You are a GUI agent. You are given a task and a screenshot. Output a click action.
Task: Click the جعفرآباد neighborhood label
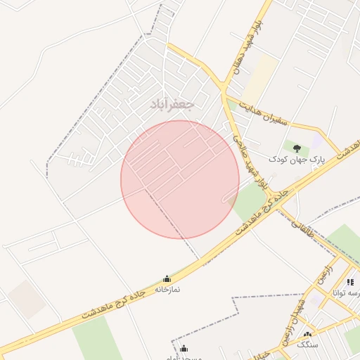pos(172,104)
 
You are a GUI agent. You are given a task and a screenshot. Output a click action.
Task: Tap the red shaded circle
pos(180,179)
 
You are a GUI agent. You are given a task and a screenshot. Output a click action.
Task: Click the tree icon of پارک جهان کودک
pos(297,148)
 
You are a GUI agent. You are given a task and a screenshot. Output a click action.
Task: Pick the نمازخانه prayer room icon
pos(167,279)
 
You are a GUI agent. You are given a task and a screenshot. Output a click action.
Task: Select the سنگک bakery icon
pos(307,335)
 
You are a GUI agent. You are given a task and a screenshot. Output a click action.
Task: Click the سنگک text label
pos(307,345)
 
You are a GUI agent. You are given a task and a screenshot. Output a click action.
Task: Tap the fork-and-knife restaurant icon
pos(350,282)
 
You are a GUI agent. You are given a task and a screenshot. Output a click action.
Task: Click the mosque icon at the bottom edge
pos(184,349)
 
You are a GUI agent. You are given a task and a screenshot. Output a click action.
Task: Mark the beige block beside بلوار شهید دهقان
pos(263,77)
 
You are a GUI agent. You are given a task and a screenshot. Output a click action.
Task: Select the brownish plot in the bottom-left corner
pos(27,298)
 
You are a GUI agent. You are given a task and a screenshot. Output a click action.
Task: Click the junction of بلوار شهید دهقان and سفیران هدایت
pos(224,91)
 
